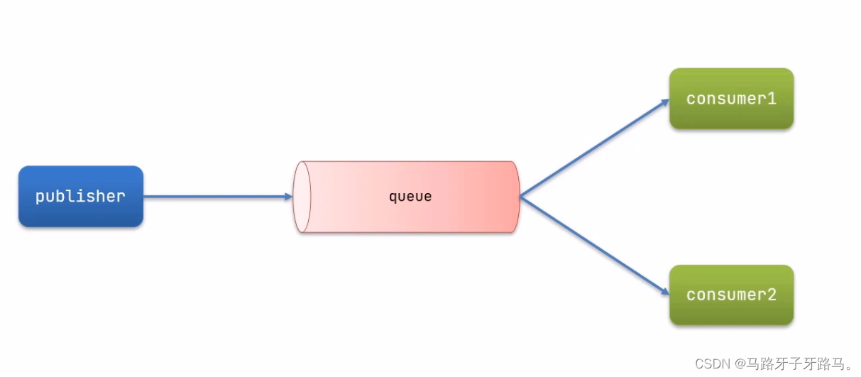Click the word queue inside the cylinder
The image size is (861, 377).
click(410, 197)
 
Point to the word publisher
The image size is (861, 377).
click(80, 197)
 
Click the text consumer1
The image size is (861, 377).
click(731, 99)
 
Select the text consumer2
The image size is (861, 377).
click(731, 295)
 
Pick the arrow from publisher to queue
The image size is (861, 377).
click(213, 197)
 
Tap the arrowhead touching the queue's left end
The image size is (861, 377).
click(288, 197)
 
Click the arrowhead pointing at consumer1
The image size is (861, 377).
click(664, 102)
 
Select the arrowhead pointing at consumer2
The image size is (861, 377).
click(664, 292)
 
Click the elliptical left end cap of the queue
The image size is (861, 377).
click(302, 197)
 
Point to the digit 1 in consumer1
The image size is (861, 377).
click(772, 99)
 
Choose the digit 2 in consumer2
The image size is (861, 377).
click(772, 295)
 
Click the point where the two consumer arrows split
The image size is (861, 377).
click(520, 197)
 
